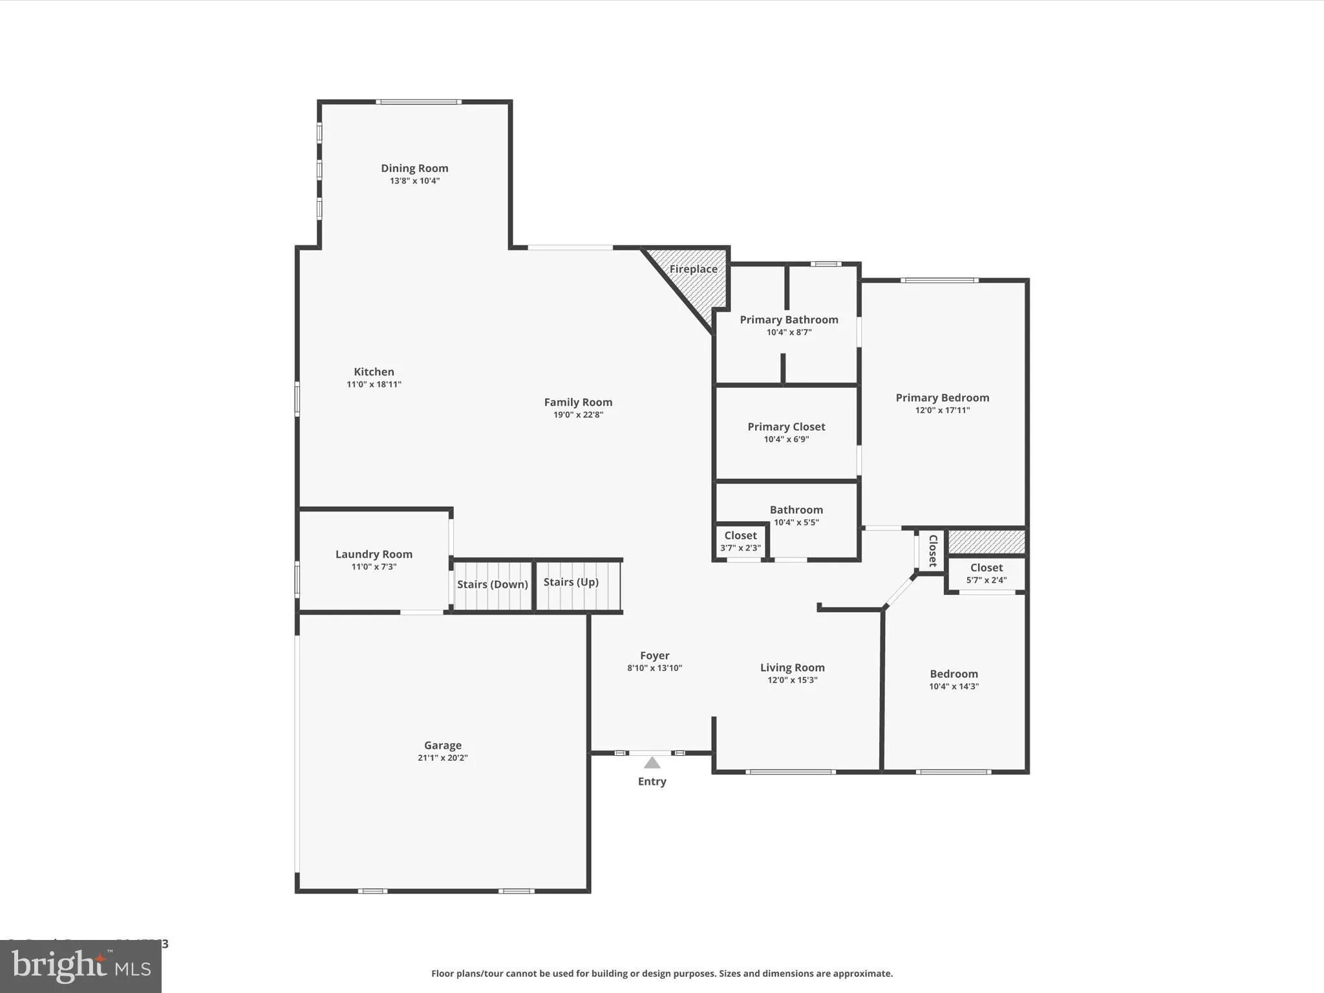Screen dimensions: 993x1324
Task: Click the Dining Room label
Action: tap(414, 168)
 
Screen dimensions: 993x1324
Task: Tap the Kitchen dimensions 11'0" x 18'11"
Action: tap(374, 384)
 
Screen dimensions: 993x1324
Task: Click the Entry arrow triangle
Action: tap(652, 763)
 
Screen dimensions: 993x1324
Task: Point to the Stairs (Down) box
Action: tap(493, 585)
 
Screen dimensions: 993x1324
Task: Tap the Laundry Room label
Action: tap(374, 554)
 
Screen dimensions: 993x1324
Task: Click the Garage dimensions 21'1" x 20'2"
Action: tap(442, 758)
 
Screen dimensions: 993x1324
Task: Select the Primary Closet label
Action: tap(786, 427)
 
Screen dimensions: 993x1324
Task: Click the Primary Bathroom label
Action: tap(789, 319)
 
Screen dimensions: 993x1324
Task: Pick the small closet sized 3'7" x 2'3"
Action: tap(740, 541)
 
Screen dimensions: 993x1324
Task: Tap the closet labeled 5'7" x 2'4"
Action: tap(986, 573)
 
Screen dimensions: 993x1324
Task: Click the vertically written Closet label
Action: tap(933, 551)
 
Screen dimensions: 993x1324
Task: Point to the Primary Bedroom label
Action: tap(942, 398)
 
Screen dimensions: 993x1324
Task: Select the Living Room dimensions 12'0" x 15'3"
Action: tap(792, 680)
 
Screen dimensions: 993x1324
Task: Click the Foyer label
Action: tap(654, 656)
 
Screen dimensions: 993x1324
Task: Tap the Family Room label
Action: tap(578, 402)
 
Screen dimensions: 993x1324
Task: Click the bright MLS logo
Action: tap(81, 966)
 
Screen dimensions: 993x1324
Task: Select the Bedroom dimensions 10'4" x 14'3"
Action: tap(954, 687)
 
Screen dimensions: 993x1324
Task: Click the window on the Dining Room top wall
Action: tap(418, 101)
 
